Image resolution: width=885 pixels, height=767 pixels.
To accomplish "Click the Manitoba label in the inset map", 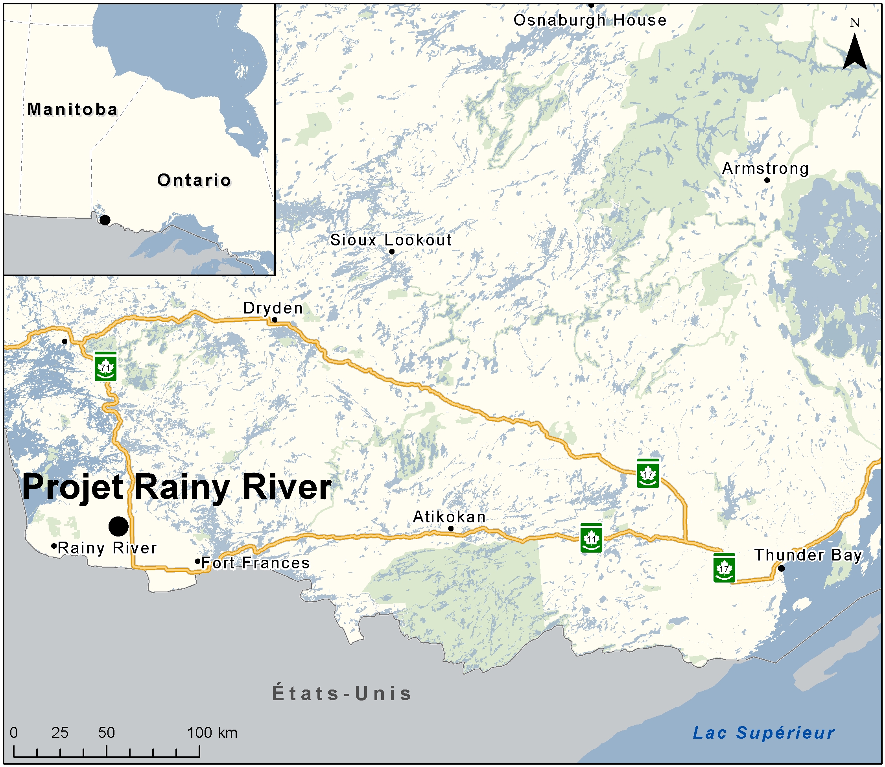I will [72, 110].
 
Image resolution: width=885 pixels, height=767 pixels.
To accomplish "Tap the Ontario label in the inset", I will [194, 180].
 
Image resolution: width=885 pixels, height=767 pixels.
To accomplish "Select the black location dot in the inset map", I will [105, 220].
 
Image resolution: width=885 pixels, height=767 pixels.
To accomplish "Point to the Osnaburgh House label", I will [590, 20].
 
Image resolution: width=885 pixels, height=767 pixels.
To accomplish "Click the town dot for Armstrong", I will [767, 180].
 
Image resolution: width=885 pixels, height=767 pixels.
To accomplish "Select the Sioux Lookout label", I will [391, 240].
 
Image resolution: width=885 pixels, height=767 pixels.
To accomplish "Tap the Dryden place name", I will [273, 308].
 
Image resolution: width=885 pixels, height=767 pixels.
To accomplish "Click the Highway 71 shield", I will [105, 366].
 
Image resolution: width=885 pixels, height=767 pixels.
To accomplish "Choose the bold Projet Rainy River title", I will [177, 487].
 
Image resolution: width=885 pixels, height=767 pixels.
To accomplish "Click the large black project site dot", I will [118, 526].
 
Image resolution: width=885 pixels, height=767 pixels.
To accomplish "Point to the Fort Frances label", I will [255, 563].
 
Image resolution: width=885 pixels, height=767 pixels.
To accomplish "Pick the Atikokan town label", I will [449, 517].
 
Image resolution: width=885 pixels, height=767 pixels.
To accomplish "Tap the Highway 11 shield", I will [592, 538].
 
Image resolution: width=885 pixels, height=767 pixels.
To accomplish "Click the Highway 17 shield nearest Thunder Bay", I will [724, 568].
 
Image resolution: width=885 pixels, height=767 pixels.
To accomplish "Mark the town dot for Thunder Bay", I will [781, 568].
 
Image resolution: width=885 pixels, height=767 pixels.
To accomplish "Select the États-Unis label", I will [342, 694].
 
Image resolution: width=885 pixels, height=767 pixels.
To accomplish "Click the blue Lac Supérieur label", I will [763, 733].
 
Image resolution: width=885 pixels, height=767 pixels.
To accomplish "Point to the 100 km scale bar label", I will [212, 733].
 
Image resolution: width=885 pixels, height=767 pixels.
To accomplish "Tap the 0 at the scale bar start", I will [14, 733].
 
